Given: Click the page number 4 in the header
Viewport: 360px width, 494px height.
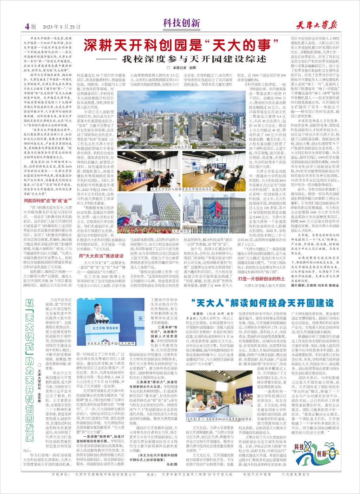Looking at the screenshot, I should [x=27, y=26].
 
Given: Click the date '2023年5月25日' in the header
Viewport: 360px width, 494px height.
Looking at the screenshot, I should [x=62, y=26].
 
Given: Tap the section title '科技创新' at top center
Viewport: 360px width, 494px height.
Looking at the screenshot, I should [x=181, y=24].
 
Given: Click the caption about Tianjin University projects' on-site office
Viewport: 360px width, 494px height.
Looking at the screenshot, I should [x=181, y=189].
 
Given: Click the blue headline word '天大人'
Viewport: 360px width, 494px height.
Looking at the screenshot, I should [x=211, y=302].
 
